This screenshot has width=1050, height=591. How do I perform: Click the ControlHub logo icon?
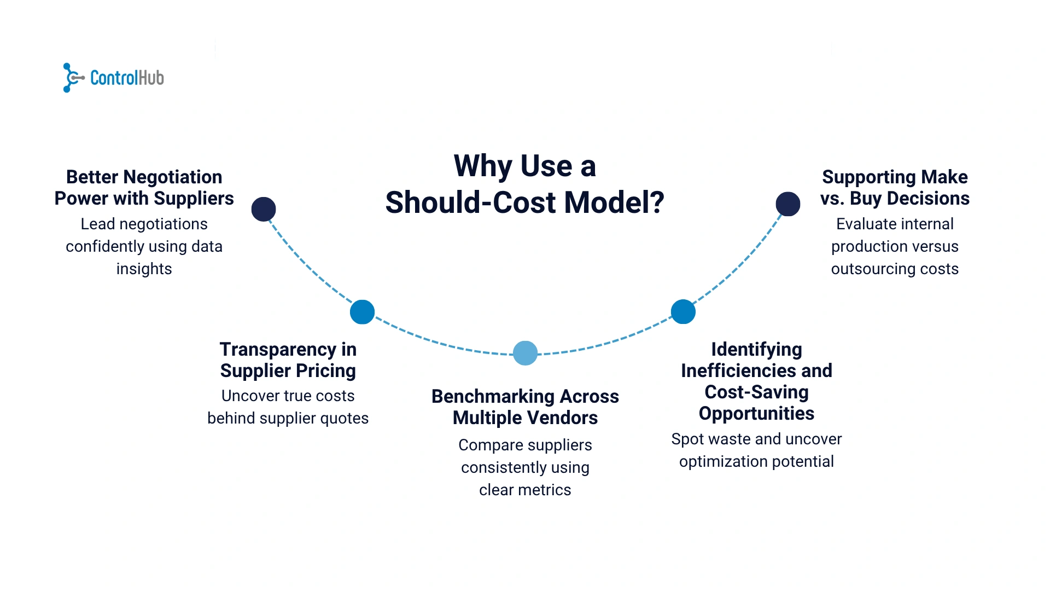[x=73, y=78]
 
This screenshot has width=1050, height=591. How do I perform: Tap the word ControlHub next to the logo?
[x=127, y=78]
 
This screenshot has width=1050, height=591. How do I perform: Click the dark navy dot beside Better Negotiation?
[x=264, y=209]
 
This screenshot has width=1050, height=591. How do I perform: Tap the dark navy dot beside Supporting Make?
[x=787, y=204]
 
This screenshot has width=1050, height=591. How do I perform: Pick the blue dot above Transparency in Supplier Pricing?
[x=362, y=312]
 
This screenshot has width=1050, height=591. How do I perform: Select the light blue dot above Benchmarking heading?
[x=525, y=353]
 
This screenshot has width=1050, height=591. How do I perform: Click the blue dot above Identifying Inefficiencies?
[x=683, y=312]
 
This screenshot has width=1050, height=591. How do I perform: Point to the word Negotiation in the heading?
[x=173, y=177]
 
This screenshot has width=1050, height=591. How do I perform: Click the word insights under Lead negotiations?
[x=144, y=269]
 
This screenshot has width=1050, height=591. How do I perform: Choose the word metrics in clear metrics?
[x=547, y=490]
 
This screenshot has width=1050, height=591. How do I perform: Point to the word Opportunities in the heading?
[x=756, y=414]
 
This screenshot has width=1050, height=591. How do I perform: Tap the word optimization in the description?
[x=722, y=462]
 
